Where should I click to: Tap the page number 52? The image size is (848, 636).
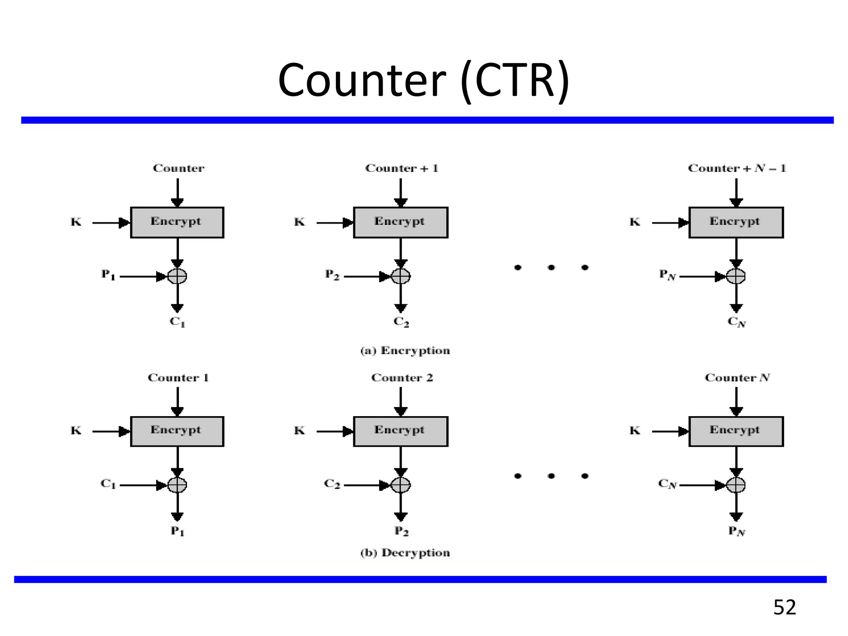pos(784,607)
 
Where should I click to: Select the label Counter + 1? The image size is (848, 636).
pos(401,168)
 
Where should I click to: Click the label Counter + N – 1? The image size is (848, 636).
pos(737,168)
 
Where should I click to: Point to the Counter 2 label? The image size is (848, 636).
pos(402,378)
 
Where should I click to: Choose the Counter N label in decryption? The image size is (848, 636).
pos(737,378)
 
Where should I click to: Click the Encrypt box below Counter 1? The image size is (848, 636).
pos(177,431)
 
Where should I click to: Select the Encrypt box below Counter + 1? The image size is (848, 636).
pos(400,222)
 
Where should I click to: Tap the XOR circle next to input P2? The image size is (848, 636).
pos(400,276)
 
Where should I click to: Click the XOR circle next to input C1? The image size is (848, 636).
pos(177,485)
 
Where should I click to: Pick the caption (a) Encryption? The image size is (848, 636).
pos(405,351)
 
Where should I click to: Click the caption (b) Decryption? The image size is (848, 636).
pos(405,553)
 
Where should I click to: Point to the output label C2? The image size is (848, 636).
pos(401,322)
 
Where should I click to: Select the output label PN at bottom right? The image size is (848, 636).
pos(737,531)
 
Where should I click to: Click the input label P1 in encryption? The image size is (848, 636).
pos(108,275)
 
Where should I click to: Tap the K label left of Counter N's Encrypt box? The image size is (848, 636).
pos(635,431)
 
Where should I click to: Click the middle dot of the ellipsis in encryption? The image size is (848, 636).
pos(551,267)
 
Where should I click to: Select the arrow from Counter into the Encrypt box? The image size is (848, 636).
pos(177,193)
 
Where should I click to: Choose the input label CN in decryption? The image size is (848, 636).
pos(667,484)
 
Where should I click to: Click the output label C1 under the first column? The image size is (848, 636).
pos(177,322)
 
